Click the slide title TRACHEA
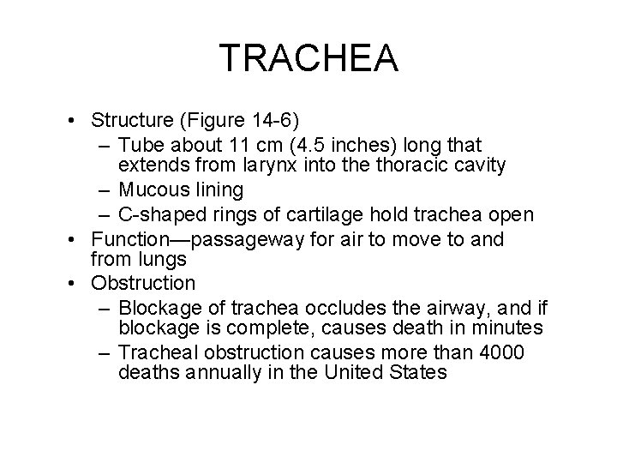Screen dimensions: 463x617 pos(308,58)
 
